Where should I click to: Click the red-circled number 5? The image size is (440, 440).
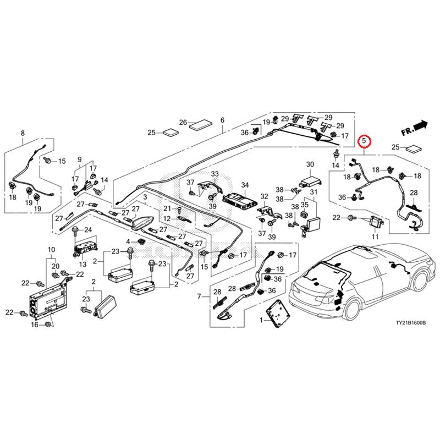(x=364, y=141)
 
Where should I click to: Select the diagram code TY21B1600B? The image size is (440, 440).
(x=411, y=323)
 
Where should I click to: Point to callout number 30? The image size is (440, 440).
(x=310, y=164)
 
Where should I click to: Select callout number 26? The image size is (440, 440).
(x=183, y=122)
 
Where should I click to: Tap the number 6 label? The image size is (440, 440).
(x=223, y=120)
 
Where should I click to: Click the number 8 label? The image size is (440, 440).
(x=23, y=133)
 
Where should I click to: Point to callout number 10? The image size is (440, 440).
(x=51, y=250)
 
